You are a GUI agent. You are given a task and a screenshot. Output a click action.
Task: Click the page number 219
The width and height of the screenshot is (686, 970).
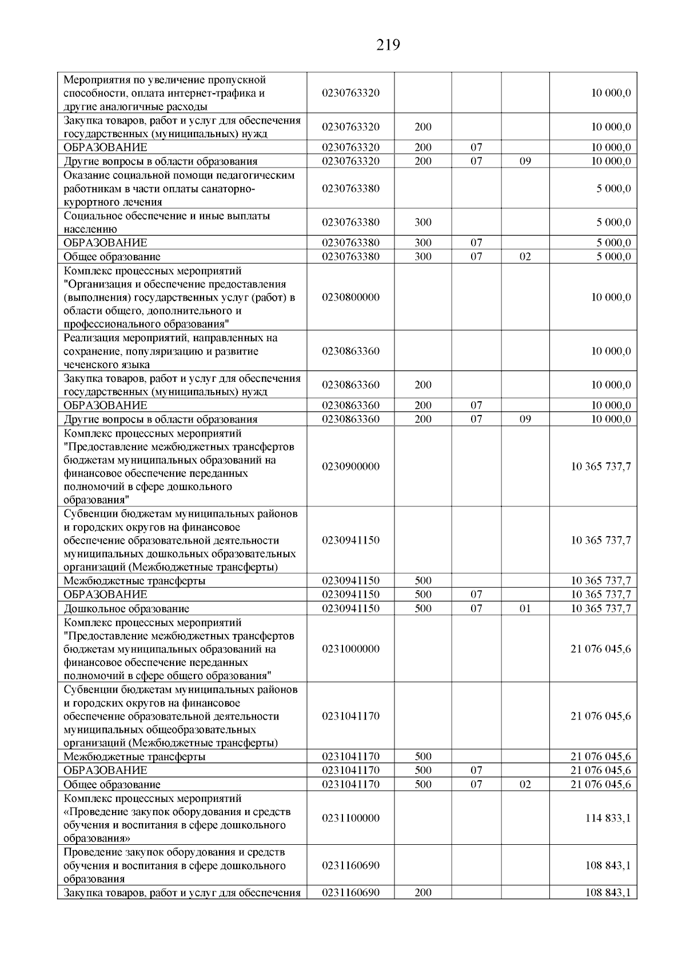388,45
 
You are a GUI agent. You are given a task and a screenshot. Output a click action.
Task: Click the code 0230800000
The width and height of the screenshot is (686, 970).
350,297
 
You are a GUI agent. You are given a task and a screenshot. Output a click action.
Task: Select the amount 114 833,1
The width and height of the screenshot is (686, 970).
608,818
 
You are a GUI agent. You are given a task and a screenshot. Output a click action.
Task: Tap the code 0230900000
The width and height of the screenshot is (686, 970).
350,466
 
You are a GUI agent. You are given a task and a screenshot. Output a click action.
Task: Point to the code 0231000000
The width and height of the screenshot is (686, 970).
350,649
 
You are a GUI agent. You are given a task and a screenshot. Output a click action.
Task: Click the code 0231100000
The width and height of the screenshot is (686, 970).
350,818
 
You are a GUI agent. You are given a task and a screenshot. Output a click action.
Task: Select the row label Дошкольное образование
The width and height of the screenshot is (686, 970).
126,609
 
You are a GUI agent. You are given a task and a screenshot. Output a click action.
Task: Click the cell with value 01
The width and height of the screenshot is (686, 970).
525,609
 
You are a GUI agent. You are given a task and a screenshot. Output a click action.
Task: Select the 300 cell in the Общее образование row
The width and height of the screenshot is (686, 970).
423,257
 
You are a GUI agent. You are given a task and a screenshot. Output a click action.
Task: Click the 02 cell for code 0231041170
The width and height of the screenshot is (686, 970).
525,785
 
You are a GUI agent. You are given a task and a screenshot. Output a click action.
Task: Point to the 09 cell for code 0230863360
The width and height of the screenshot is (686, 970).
525,419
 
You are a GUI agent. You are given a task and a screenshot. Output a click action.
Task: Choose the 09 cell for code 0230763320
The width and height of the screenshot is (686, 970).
525,161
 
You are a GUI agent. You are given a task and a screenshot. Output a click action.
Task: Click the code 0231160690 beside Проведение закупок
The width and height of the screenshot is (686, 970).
350,865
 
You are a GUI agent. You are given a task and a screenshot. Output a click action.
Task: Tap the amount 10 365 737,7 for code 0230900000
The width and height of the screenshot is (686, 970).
600,466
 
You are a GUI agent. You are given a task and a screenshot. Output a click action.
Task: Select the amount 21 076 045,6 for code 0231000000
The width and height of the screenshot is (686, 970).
600,649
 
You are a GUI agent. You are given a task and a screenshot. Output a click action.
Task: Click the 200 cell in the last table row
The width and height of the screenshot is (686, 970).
423,893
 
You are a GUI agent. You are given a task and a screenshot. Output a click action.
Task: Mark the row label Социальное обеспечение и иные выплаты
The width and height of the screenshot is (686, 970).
167,216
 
